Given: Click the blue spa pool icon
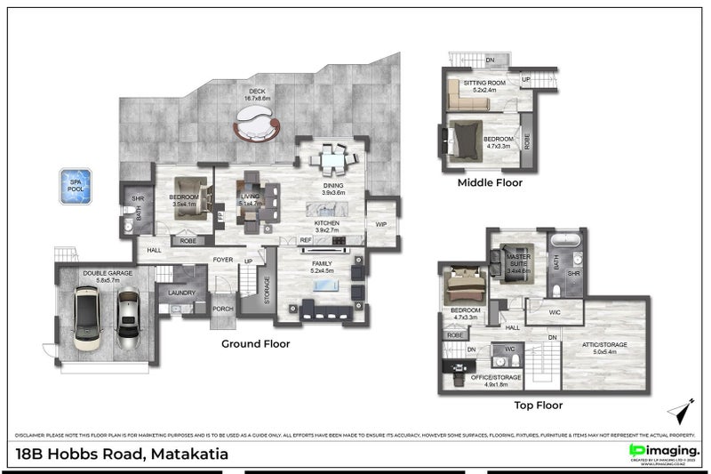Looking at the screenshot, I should click(76, 187).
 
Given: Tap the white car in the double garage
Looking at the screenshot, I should click(90, 320).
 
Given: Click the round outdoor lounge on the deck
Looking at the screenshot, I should click(257, 126).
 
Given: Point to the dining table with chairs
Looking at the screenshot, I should click(332, 160).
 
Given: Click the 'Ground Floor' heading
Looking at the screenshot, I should click(255, 342).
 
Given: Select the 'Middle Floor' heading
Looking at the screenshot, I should click(490, 183).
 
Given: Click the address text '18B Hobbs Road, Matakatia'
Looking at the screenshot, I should click(123, 454).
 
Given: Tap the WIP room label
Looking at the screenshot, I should click(380, 224).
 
